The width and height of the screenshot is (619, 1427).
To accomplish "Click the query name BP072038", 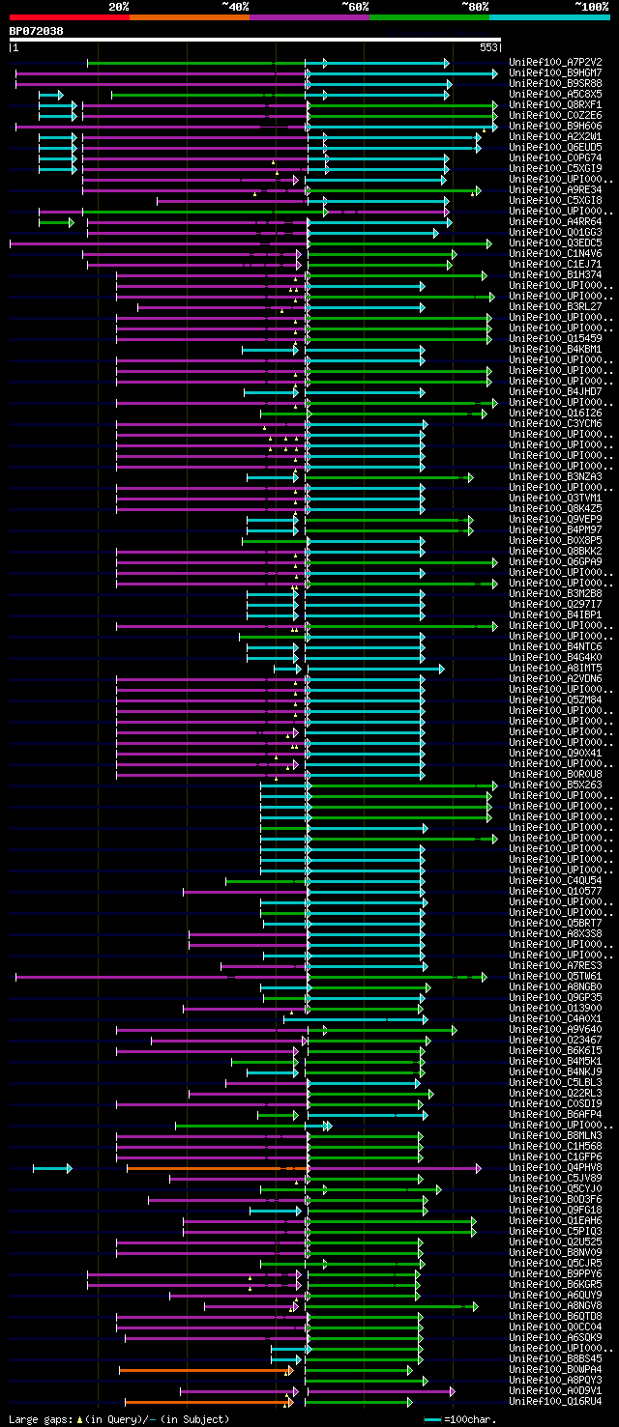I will pyautogui.click(x=37, y=31).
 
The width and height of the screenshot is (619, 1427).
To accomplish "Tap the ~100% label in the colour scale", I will pyautogui.click(x=591, y=7).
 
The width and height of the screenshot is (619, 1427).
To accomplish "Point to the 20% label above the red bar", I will pyautogui.click(x=119, y=7).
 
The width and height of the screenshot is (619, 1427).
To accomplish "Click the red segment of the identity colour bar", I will pyautogui.click(x=69, y=17).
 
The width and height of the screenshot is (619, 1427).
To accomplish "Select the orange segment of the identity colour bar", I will pyautogui.click(x=189, y=17).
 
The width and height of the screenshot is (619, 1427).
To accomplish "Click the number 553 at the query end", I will pyautogui.click(x=488, y=46).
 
